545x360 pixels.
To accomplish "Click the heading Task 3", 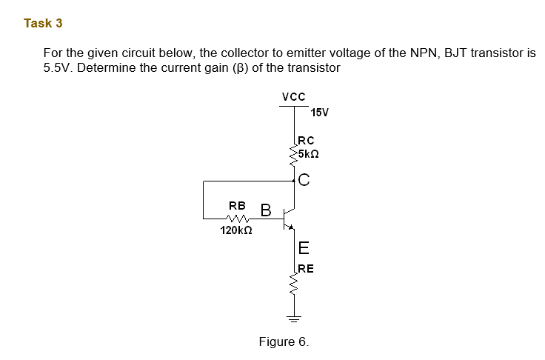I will click(43, 23).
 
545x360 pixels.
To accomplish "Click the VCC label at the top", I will click(293, 96).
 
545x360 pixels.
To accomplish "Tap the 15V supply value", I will click(320, 113).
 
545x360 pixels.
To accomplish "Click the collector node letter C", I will click(304, 179).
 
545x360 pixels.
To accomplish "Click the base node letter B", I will click(265, 210).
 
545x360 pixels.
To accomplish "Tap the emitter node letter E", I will click(304, 248).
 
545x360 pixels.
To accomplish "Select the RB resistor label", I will click(237, 204).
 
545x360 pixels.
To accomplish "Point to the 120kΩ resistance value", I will click(237, 231).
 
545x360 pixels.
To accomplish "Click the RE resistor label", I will click(306, 268).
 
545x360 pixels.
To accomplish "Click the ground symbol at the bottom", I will click(294, 320).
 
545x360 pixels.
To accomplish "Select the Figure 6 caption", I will click(284, 341).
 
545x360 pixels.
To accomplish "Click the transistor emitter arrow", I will click(291, 227).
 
